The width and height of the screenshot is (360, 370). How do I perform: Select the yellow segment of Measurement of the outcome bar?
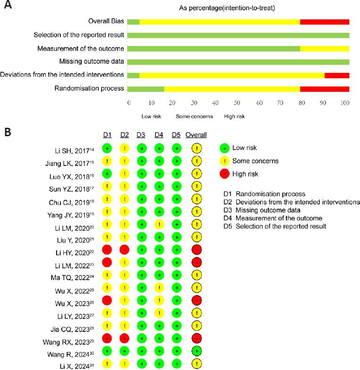[325, 49]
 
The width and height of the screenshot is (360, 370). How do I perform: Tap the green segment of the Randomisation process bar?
[146, 88]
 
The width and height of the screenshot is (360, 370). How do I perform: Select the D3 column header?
[141, 135]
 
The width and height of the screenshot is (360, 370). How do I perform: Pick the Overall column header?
[196, 135]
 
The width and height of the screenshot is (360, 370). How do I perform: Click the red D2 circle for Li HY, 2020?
[124, 248]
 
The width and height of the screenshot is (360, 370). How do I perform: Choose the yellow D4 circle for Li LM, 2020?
[159, 223]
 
